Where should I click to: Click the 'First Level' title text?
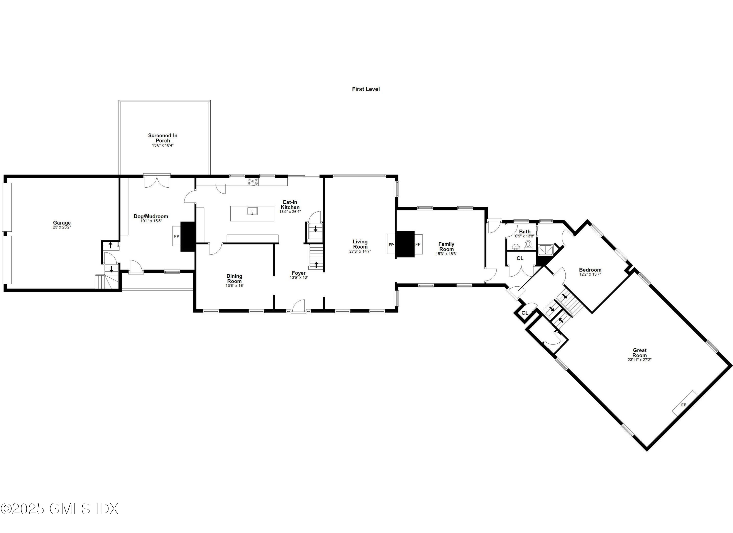point(366,89)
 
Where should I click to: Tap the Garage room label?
point(62,223)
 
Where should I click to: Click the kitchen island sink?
point(252,211)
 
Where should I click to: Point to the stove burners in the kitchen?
point(253,182)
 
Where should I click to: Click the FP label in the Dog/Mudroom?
point(176,236)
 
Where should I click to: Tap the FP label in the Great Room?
point(684,405)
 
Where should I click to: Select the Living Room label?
point(360,244)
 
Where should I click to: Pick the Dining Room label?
point(234,278)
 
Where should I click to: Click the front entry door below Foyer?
point(299,307)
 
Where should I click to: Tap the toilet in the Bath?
point(528,244)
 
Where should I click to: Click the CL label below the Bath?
point(520,258)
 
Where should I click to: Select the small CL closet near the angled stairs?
point(525,313)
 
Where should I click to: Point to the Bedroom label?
point(590,270)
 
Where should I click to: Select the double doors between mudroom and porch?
point(157,181)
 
